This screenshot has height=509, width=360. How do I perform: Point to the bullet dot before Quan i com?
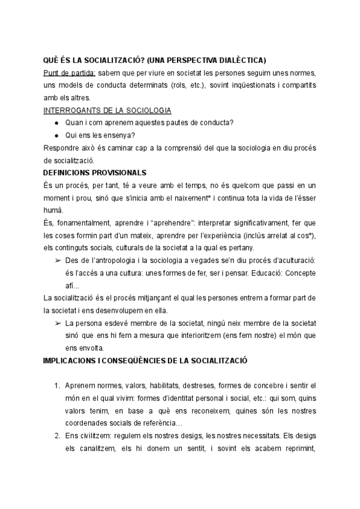[x=56, y=123]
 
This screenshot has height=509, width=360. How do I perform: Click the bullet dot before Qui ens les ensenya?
[x=56, y=136]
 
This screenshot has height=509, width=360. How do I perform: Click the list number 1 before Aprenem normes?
[x=56, y=385]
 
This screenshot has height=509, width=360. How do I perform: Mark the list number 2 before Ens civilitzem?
[x=56, y=436]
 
